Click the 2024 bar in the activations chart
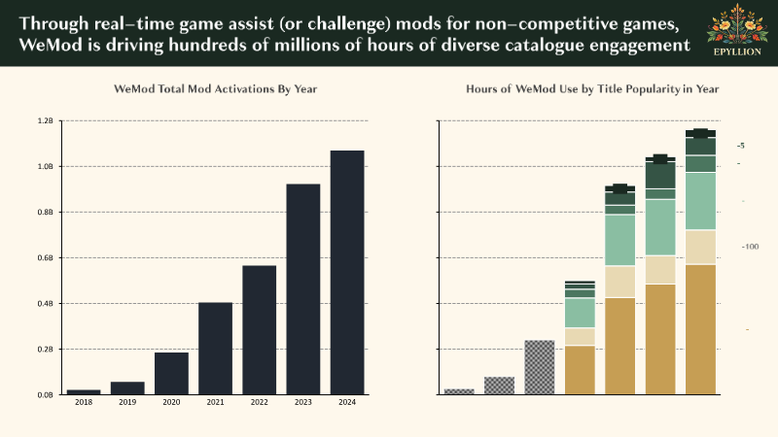347,272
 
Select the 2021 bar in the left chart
215,348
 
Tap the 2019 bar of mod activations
127,387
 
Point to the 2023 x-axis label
302,402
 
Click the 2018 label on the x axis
84,402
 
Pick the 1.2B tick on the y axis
46,121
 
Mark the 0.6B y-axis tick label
46,258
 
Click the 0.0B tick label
46,394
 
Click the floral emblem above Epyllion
734,27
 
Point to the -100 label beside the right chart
750,247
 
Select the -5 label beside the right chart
741,146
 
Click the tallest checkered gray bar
539,367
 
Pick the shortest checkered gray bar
459,391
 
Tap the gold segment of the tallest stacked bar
700,329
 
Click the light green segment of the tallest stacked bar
700,201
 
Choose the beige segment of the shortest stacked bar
580,336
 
